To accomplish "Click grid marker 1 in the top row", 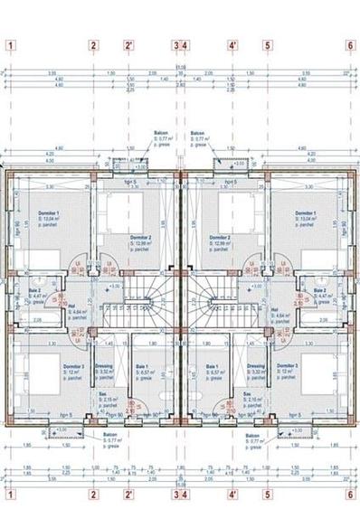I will (x=10, y=43).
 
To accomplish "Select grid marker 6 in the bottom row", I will (x=349, y=495).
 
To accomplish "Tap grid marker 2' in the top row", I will (x=129, y=43).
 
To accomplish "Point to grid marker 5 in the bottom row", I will (x=268, y=495).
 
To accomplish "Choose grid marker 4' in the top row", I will (x=232, y=43).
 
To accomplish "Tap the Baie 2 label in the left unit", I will (x=40, y=291).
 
